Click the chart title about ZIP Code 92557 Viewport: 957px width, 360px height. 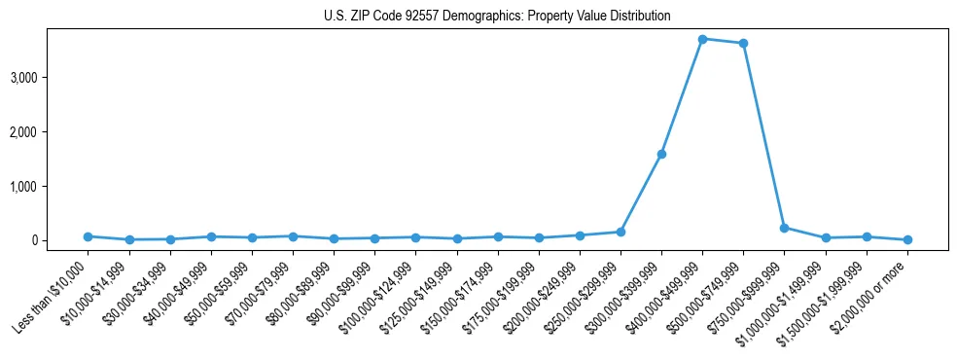tap(497, 17)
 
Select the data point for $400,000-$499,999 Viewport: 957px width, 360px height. tap(702, 39)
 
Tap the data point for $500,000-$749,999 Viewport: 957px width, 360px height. tap(743, 43)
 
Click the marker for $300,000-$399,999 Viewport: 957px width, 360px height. tap(661, 154)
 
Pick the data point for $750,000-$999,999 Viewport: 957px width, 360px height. tap(784, 228)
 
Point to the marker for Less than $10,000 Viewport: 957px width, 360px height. tap(88, 236)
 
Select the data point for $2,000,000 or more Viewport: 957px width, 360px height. tap(907, 239)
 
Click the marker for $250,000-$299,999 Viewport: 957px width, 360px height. tap(620, 232)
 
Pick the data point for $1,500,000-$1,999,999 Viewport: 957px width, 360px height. tap(867, 236)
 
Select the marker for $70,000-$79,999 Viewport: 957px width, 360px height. tap(293, 236)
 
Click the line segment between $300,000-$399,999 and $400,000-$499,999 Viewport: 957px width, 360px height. tap(682, 96)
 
